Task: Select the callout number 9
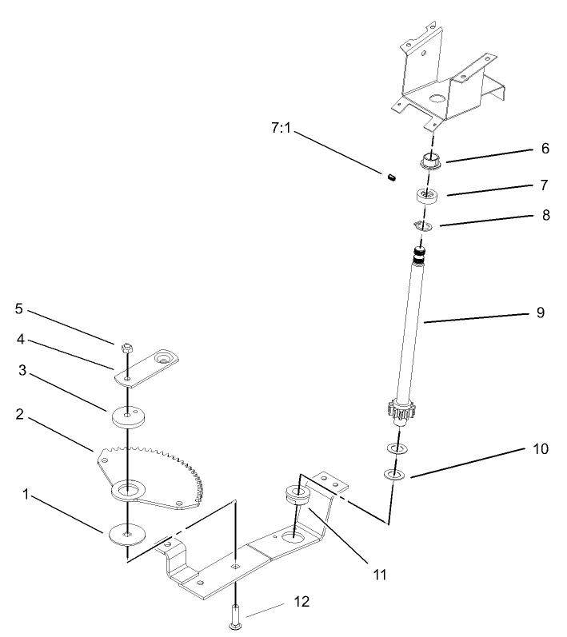(x=540, y=312)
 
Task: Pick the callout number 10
(x=540, y=448)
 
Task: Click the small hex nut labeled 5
(x=126, y=348)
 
